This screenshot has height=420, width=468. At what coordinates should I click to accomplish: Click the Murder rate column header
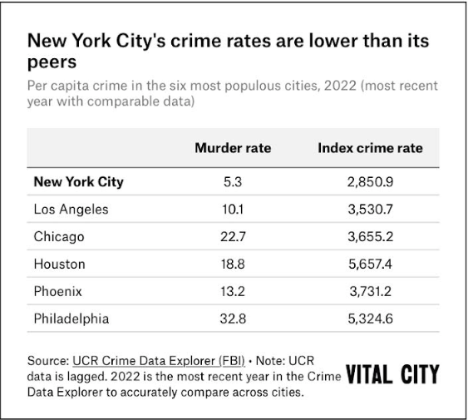point(233,149)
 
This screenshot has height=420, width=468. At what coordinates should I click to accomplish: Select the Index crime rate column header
point(370,149)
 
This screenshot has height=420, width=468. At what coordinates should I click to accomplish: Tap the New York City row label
point(79,181)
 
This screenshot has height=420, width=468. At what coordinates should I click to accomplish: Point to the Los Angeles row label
point(71,209)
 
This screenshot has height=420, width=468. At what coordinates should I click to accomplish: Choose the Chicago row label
point(59,236)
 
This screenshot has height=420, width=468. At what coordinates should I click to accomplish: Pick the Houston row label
point(60,264)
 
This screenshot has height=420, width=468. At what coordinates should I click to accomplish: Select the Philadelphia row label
point(71,319)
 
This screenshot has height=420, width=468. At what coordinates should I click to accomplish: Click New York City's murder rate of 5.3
point(233,181)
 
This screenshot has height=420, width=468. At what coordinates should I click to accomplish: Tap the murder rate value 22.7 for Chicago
point(233,236)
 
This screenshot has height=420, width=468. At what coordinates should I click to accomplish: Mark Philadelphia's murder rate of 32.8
point(233,319)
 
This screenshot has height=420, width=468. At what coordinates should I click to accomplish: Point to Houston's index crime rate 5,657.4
point(370,264)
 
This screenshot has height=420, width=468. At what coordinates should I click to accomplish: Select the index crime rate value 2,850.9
point(370,181)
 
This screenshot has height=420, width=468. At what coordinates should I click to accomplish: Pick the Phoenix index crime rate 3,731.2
point(370,291)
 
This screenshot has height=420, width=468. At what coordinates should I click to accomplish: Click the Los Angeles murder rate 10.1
point(233,209)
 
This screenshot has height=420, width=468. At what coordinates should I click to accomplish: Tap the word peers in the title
point(52,62)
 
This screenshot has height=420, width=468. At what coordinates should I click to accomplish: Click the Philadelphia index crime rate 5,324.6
point(370,319)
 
